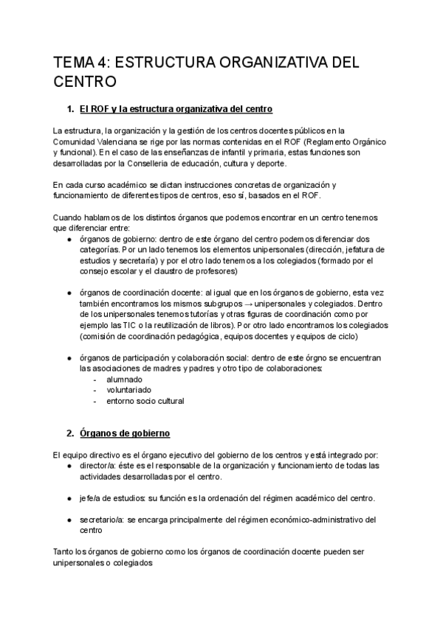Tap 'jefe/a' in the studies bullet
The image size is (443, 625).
click(93, 498)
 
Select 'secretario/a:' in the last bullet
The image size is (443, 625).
click(103, 520)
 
